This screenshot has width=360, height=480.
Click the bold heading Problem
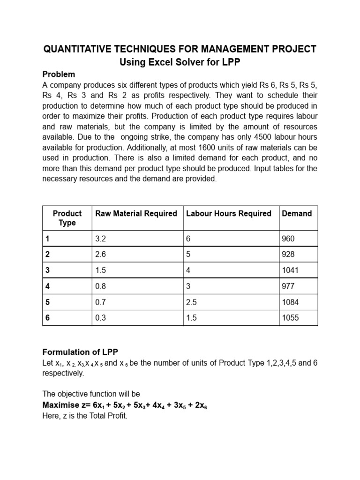[x=59, y=75]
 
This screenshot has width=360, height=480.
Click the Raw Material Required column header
[x=136, y=214]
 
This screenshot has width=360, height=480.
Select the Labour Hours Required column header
[x=229, y=214]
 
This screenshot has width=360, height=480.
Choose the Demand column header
[x=297, y=214]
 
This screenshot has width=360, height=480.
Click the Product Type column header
[x=67, y=218]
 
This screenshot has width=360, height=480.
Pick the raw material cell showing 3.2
[x=101, y=239]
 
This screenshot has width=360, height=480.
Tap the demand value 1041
[x=290, y=270]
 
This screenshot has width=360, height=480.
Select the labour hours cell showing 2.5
[x=191, y=302]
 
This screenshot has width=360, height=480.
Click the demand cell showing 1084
[x=290, y=302]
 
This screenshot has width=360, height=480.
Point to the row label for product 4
[x=47, y=286]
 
